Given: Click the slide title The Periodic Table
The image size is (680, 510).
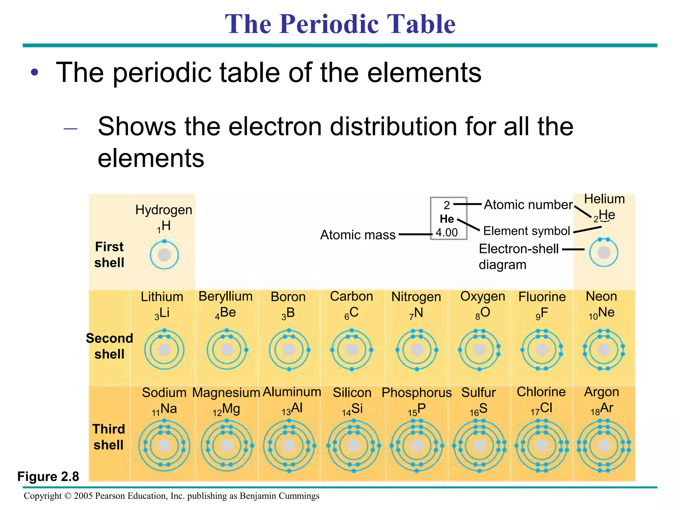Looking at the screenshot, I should pyautogui.click(x=340, y=24).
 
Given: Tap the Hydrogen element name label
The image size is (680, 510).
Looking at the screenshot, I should pyautogui.click(x=164, y=210).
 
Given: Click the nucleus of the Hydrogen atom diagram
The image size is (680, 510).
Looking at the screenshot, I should pyautogui.click(x=164, y=255).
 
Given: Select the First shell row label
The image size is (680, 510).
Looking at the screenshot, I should pyautogui.click(x=109, y=255).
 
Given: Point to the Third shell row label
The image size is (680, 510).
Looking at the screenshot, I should pyautogui.click(x=109, y=437).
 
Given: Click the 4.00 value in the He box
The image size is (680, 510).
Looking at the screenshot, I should pyautogui.click(x=447, y=232).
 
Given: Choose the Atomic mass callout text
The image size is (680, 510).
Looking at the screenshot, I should pyautogui.click(x=358, y=235).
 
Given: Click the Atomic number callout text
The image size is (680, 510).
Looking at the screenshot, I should pyautogui.click(x=528, y=205).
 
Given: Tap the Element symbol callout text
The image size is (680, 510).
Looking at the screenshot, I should pyautogui.click(x=526, y=231).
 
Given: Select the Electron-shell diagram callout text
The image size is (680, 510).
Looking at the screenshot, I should pyautogui.click(x=519, y=256).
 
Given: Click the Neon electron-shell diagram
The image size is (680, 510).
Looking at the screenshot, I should pyautogui.click(x=604, y=350).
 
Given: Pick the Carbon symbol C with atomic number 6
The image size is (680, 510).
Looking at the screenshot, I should pyautogui.click(x=352, y=313).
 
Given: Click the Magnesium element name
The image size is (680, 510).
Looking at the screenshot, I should pyautogui.click(x=226, y=392).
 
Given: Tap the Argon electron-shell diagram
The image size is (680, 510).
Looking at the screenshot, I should pyautogui.click(x=604, y=446).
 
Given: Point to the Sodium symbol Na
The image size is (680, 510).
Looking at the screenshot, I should pyautogui.click(x=165, y=409).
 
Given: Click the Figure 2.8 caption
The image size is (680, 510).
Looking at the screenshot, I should pyautogui.click(x=48, y=476).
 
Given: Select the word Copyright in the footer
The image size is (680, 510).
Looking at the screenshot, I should pyautogui.click(x=42, y=496).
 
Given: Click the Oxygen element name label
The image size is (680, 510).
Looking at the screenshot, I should pyautogui.click(x=482, y=296).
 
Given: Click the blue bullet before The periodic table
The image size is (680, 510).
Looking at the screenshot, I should pyautogui.click(x=35, y=72).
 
